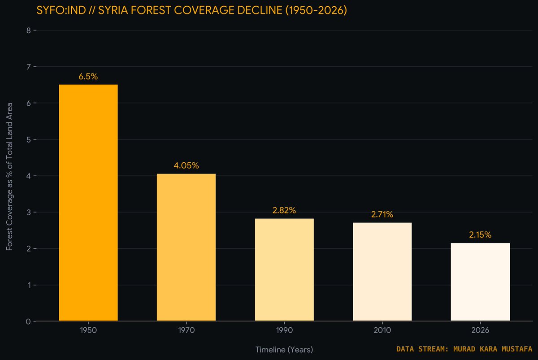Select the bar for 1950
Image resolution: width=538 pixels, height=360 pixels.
pyautogui.click(x=88, y=203)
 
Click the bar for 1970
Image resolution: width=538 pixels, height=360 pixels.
pyautogui.click(x=187, y=247)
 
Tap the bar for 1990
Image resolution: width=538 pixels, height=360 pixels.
pyautogui.click(x=284, y=270)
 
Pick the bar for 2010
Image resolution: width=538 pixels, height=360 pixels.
pyautogui.click(x=382, y=272)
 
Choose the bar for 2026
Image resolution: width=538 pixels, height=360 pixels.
pyautogui.click(x=480, y=282)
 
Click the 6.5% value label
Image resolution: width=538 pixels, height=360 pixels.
pyautogui.click(x=88, y=77)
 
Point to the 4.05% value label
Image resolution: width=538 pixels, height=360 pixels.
pyautogui.click(x=187, y=165)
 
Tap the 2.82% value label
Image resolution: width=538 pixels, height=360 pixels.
pyautogui.click(x=284, y=210)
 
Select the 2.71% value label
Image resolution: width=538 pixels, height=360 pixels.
pyautogui.click(x=382, y=214)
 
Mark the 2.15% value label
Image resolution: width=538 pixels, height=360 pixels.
pyautogui.click(x=480, y=235)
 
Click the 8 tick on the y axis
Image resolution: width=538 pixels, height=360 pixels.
pyautogui.click(x=29, y=30)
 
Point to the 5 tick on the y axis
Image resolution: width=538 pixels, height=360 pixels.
pyautogui.click(x=29, y=139)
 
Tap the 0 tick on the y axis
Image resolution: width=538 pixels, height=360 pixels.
pyautogui.click(x=28, y=321)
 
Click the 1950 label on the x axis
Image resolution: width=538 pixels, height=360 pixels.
pyautogui.click(x=88, y=330)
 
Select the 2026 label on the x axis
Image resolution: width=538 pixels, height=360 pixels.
pyautogui.click(x=480, y=330)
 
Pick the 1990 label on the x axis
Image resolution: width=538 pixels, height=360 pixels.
pyautogui.click(x=284, y=330)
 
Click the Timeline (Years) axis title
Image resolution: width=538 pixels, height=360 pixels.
pyautogui.click(x=284, y=350)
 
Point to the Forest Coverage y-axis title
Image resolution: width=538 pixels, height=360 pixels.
pyautogui.click(x=9, y=177)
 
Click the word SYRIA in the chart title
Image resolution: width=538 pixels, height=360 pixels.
pyautogui.click(x=113, y=10)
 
